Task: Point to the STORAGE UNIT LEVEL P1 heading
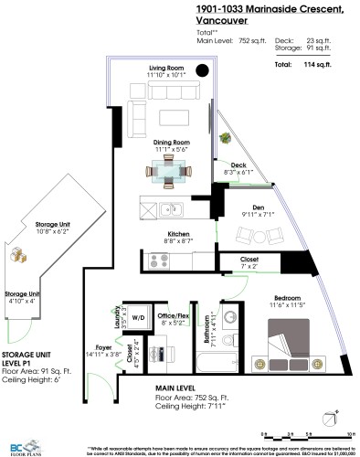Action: (x=26, y=356)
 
